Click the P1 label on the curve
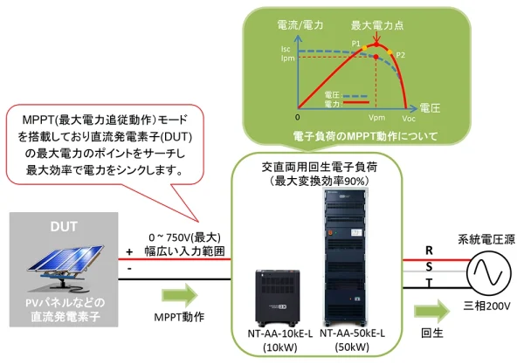355,43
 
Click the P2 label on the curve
401,55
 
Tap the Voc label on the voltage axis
408,118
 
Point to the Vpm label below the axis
376,117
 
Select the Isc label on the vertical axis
285,51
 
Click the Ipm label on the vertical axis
285,59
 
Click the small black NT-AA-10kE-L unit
282,293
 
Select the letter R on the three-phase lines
429,250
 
